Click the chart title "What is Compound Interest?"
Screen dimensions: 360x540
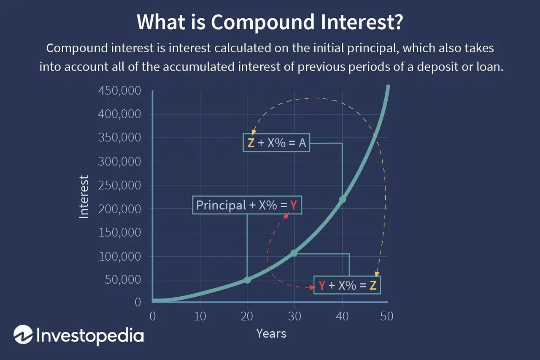pos(270,23)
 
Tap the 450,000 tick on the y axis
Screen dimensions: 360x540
pos(120,91)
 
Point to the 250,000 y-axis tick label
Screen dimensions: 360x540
pos(120,185)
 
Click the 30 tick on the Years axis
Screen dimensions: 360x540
pos(294,316)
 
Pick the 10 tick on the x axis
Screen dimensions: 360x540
pos(200,316)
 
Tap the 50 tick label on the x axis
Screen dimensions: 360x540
pos(387,316)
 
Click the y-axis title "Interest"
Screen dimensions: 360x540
pos(84,197)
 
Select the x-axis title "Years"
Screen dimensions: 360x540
pos(271,333)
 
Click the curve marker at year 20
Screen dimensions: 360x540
pos(247,280)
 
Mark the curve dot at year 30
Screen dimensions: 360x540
pos(294,253)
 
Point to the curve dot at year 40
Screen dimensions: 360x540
pos(343,199)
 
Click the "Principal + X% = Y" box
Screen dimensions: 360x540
pos(247,205)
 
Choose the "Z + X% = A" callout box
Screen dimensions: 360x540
pos(277,143)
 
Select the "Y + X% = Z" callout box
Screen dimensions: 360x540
pos(347,285)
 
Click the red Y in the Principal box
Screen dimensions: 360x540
pos(294,205)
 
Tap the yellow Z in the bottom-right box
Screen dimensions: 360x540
pos(373,285)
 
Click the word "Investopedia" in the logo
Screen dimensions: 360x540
pos(90,335)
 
